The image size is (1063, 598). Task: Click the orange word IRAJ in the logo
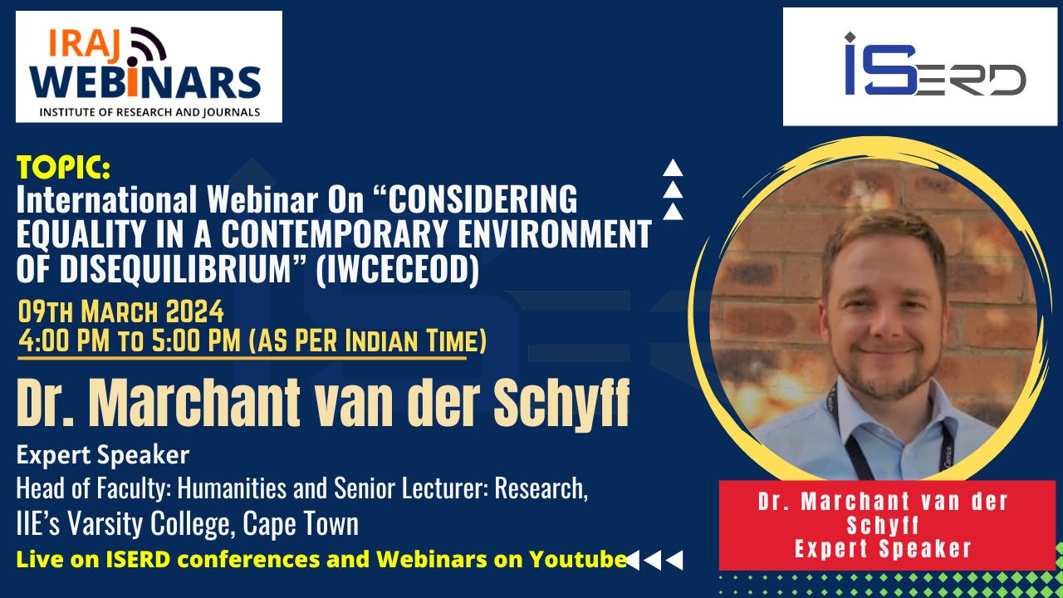[x=84, y=46]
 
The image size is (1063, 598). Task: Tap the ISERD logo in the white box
[x=935, y=64]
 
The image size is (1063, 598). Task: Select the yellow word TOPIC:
[x=64, y=168]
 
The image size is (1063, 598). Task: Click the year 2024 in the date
[x=194, y=311]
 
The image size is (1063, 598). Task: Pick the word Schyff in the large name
[x=562, y=404]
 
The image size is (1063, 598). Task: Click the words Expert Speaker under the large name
[x=103, y=454]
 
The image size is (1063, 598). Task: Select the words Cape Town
[x=301, y=524]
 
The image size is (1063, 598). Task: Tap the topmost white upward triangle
[x=673, y=168]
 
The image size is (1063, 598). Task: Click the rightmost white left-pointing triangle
[x=674, y=560]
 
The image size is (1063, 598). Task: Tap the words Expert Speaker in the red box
[x=883, y=549]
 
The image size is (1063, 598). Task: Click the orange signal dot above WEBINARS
[x=132, y=61]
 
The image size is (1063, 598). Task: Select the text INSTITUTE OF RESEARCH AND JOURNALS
[x=149, y=112]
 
